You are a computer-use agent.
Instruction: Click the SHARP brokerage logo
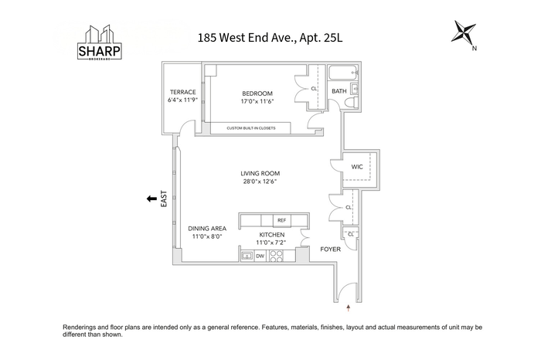(100, 42)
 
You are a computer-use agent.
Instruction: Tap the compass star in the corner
(464, 32)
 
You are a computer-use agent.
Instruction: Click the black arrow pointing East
(151, 199)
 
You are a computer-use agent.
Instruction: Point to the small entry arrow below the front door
(349, 308)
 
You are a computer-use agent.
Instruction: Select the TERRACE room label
(183, 92)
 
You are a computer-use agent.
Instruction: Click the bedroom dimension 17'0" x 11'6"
(257, 101)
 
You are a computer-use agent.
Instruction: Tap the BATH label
(339, 91)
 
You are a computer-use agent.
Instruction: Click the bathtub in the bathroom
(344, 73)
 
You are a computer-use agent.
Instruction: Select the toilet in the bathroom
(352, 103)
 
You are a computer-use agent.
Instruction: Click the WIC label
(357, 167)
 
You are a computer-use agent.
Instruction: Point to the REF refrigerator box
(282, 220)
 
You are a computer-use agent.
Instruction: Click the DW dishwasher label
(260, 256)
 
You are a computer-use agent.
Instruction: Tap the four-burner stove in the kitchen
(276, 256)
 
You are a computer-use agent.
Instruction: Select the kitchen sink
(247, 256)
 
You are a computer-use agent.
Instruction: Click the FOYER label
(330, 249)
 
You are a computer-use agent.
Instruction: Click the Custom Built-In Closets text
(251, 128)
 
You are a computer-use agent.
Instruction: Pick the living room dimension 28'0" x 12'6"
(260, 182)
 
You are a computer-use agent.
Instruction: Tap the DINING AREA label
(207, 228)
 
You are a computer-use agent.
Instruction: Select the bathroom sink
(355, 89)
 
